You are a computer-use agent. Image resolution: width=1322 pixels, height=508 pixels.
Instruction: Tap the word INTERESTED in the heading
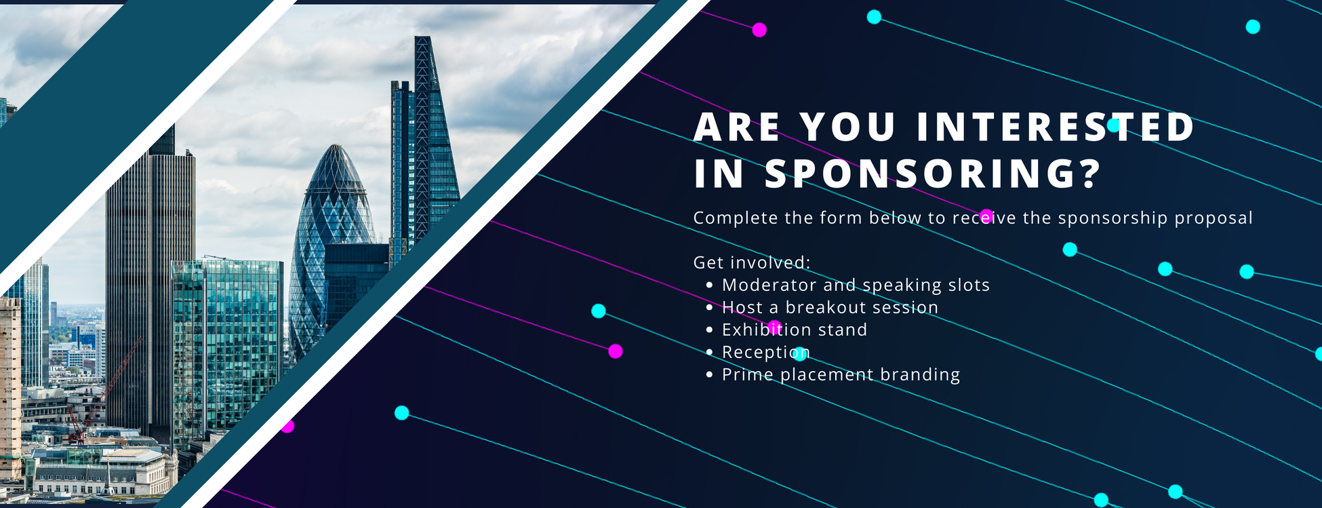tap(1056, 127)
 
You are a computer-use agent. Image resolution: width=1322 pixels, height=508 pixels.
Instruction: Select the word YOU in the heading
tap(848, 127)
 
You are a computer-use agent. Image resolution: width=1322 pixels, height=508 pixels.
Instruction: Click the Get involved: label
tap(752, 262)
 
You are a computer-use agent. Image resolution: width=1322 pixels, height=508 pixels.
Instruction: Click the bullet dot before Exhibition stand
tap(709, 330)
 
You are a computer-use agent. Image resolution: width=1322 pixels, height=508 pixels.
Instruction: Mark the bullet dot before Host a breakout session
tap(709, 308)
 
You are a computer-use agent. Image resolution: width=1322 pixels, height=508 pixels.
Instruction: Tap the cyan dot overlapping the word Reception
tap(800, 353)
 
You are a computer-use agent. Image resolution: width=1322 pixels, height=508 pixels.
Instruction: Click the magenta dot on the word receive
tap(986, 216)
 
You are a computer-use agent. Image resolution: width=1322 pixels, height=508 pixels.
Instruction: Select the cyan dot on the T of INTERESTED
tap(1113, 125)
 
